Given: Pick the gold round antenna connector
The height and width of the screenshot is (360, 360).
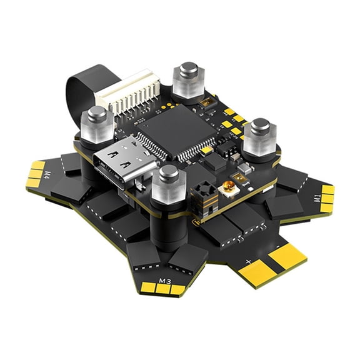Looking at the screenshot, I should point(231,186).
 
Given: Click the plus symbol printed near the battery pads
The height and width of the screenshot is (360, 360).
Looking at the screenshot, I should point(249,261).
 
